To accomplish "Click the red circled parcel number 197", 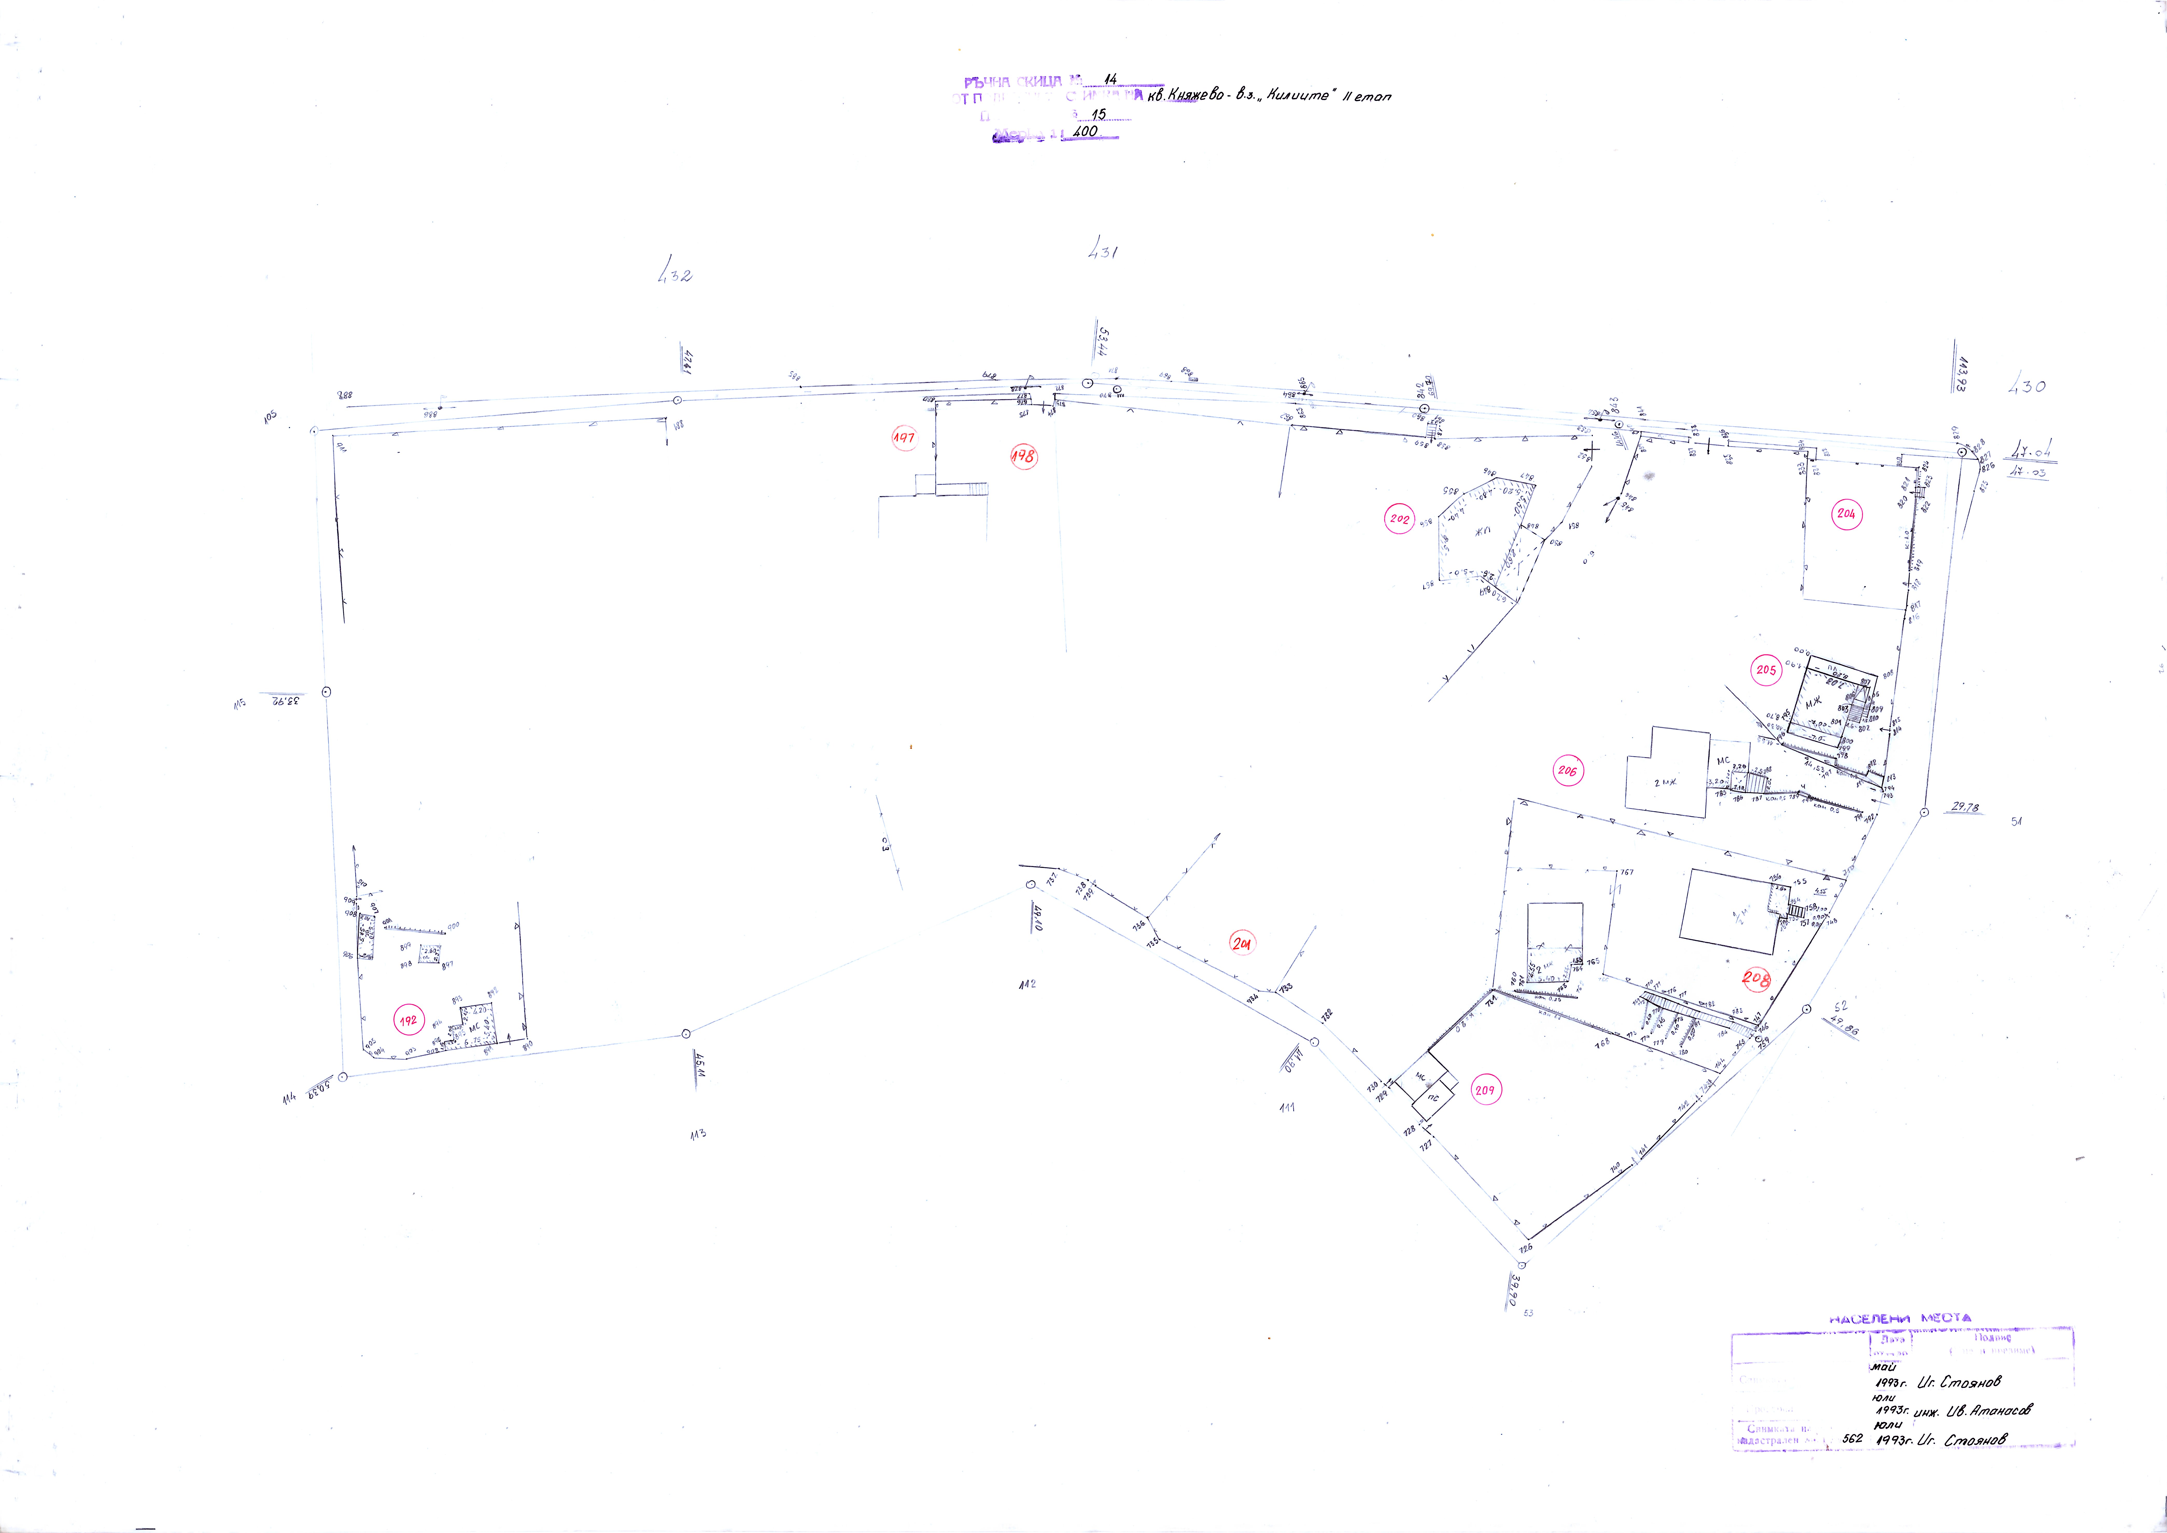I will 904,438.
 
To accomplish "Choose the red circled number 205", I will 1766,670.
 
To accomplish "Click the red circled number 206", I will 1568,771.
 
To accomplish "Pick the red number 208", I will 1755,979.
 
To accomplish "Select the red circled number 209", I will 1484,1090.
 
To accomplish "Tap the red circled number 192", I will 408,1021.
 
